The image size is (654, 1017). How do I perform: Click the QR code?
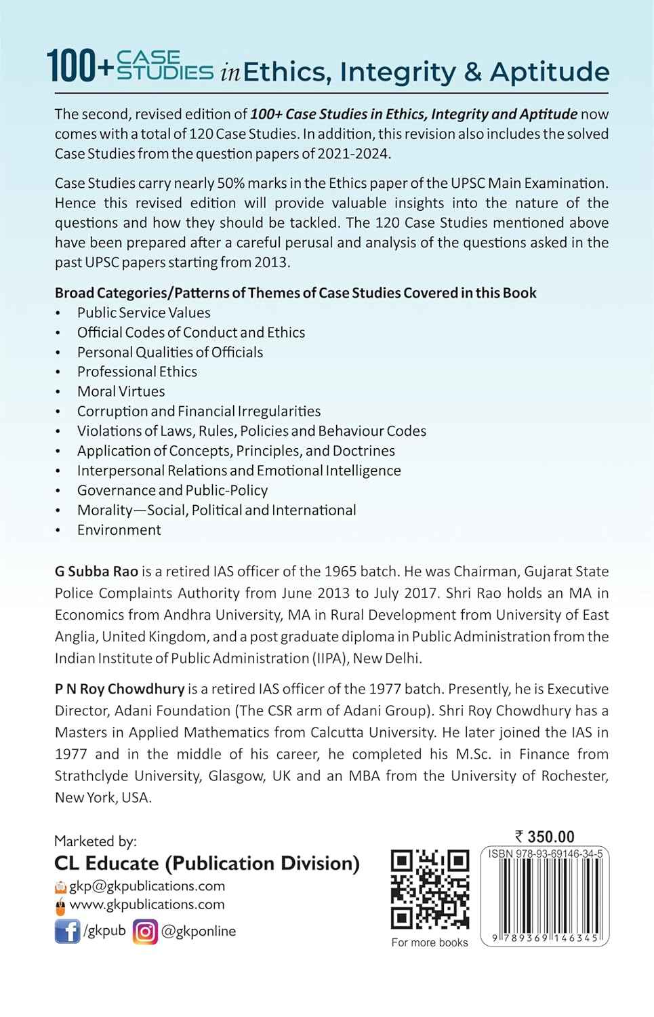coord(430,890)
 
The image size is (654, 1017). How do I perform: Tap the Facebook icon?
coord(66,931)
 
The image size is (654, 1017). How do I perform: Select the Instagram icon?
coord(145,931)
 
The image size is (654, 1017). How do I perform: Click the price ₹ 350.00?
coord(544,837)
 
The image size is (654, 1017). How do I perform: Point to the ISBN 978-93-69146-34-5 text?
coord(545,854)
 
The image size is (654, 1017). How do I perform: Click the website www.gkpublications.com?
coord(147,904)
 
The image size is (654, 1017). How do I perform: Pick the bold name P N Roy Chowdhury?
coord(119,688)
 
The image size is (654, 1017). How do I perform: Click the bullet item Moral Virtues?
coord(121,391)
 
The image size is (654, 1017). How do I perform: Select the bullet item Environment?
coord(119,530)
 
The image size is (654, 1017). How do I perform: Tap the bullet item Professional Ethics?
coord(137,372)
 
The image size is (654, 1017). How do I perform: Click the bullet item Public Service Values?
coord(144,313)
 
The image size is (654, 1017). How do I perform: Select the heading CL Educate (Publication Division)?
coord(207,863)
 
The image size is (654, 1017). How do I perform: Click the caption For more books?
coord(430,942)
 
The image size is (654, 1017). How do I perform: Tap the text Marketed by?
coord(96,841)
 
